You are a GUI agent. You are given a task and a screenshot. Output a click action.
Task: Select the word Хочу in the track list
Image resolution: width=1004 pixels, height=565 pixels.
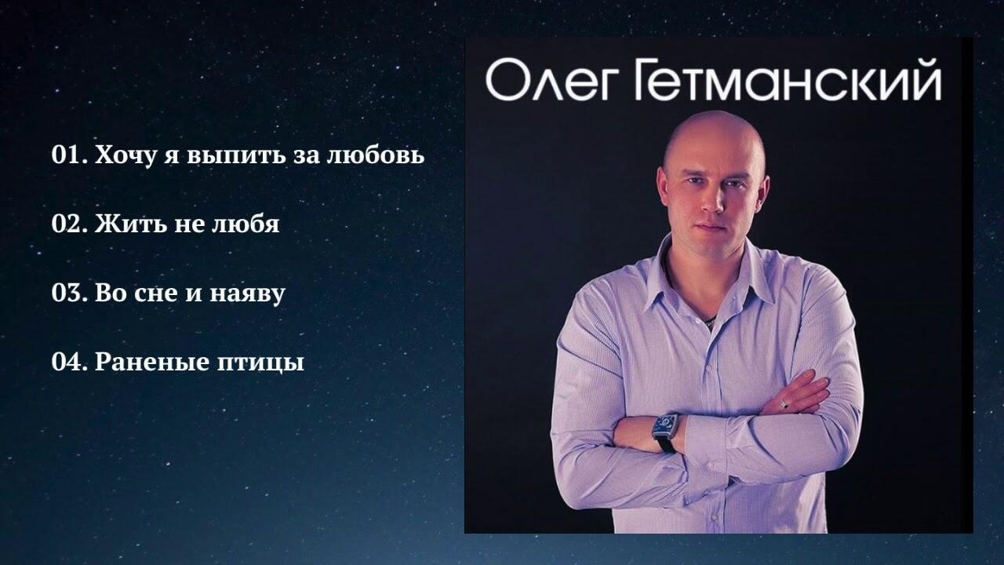(x=126, y=156)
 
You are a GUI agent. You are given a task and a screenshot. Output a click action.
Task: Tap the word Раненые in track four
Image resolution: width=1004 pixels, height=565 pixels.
(x=152, y=362)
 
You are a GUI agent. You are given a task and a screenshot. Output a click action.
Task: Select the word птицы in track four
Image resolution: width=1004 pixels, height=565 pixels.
(x=261, y=363)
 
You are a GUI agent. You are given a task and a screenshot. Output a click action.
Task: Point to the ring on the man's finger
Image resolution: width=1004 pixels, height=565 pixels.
(x=784, y=403)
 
